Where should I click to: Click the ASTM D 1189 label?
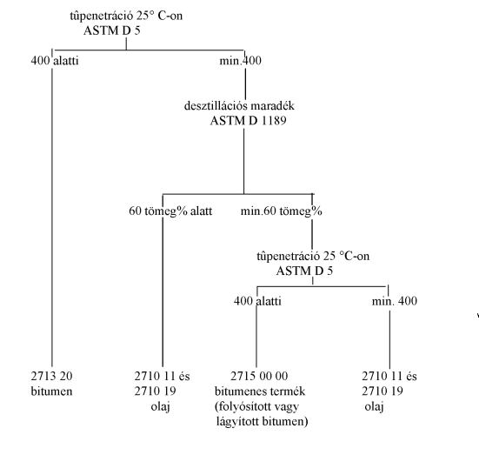tap(248, 121)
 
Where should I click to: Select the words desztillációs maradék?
tap(239, 106)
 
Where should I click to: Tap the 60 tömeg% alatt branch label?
tap(170, 211)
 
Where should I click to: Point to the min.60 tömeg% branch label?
tap(282, 211)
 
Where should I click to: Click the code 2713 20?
tap(51, 376)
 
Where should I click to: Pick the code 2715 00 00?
tap(259, 376)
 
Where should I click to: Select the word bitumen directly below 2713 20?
tap(51, 391)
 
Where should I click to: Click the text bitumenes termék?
tap(260, 391)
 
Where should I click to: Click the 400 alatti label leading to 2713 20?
tap(55, 61)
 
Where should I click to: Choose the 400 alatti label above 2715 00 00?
tap(257, 301)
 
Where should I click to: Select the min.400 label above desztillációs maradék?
tap(241, 61)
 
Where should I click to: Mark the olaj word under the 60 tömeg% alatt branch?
tap(160, 406)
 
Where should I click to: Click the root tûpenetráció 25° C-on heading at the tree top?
tap(126, 16)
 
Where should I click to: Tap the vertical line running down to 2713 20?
tap(52, 217)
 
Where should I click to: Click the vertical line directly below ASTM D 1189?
tap(243, 161)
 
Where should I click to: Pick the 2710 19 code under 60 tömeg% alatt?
tap(156, 391)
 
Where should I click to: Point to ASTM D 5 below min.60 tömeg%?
tap(304, 271)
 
